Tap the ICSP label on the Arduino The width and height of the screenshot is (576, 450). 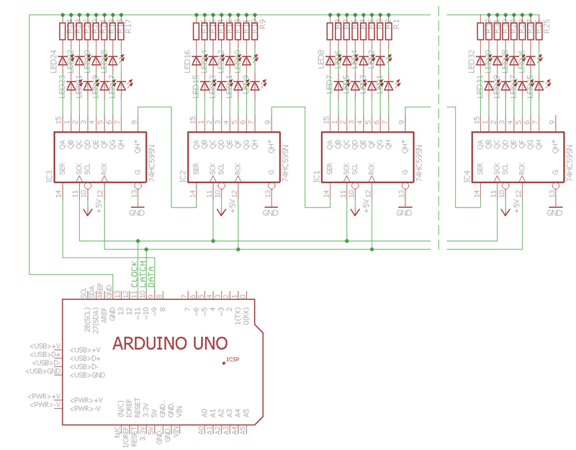pyautogui.click(x=233, y=359)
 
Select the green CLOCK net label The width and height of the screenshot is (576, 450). pyautogui.click(x=135, y=275)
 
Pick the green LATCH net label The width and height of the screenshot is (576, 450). pyautogui.click(x=143, y=275)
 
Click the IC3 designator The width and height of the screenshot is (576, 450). pyautogui.click(x=49, y=175)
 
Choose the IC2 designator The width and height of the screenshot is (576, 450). pyautogui.click(x=183, y=175)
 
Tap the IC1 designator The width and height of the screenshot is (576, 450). pyautogui.click(x=316, y=175)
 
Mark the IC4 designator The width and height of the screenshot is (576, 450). pyautogui.click(x=467, y=175)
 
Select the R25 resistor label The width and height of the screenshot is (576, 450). pyautogui.click(x=547, y=27)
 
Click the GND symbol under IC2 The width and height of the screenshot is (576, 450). pyautogui.click(x=271, y=213)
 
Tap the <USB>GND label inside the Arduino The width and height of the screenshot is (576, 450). pyautogui.click(x=88, y=375)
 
